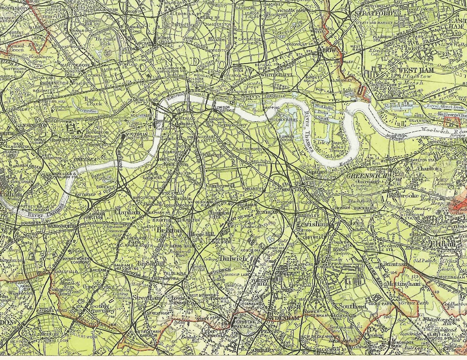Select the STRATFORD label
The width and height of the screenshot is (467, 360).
coord(373,14)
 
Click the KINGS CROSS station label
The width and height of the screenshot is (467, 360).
coord(165,40)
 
